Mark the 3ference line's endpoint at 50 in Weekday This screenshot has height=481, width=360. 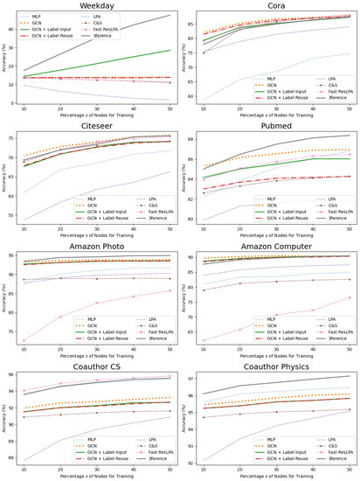point(170,15)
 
